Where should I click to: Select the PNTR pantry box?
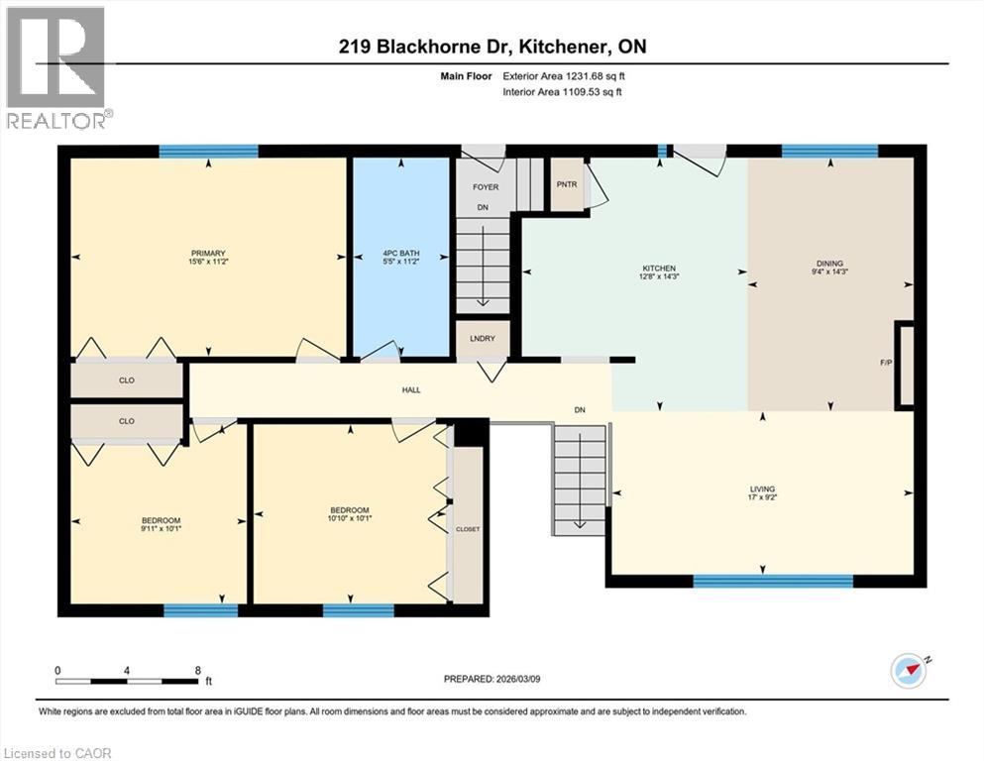coord(567,184)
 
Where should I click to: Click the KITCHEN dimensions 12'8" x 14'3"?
coord(658,278)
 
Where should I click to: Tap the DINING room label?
coord(829,264)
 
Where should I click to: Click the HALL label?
coord(410,390)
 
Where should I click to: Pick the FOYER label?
coord(486,186)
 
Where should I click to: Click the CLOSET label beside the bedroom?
coord(467,529)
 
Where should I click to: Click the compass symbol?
coord(908,671)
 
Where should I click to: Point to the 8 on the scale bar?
coord(198,670)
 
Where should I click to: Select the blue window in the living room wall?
coord(773,582)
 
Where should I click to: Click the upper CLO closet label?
coord(127,380)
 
